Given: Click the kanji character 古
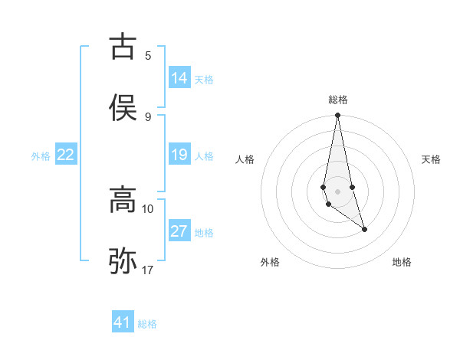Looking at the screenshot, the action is (123, 47).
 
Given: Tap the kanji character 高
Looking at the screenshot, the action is (123, 201).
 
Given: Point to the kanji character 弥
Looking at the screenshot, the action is (123, 261).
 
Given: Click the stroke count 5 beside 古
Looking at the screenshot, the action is (148, 55).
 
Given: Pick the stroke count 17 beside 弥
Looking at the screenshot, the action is (148, 270).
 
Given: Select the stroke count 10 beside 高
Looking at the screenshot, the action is (148, 208).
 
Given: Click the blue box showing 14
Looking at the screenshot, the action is (179, 78).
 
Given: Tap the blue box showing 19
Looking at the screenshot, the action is (179, 155).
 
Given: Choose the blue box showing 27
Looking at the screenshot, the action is (179, 231).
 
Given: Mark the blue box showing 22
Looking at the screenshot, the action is (66, 155).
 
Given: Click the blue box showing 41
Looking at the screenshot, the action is (123, 322).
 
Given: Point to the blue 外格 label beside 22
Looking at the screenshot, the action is (41, 155).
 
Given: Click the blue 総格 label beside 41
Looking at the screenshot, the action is (147, 323).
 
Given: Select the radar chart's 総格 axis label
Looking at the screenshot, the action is (338, 100).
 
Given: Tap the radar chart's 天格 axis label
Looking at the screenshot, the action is (432, 159).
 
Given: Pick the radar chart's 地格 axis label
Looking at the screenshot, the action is (402, 262).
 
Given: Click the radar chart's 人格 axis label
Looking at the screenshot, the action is (245, 159).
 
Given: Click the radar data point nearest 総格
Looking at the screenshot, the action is (338, 116).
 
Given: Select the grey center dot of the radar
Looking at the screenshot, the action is (338, 191).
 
